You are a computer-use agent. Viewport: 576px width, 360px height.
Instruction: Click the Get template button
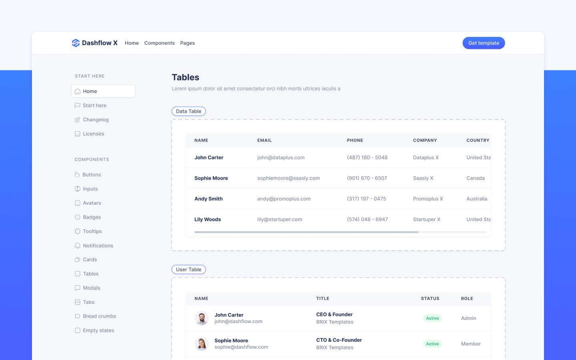[x=484, y=43]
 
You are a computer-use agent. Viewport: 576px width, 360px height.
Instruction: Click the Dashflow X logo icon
[x=76, y=43]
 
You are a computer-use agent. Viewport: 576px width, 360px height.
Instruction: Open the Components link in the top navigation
[x=159, y=43]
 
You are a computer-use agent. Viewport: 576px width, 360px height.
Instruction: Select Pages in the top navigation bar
[x=187, y=43]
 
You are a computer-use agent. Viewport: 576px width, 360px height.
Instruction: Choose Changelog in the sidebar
[x=96, y=120]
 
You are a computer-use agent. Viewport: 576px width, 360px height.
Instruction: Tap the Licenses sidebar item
[x=93, y=134]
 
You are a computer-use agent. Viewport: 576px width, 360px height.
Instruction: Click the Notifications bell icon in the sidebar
[x=78, y=246]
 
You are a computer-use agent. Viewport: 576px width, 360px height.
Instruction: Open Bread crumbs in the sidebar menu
[x=99, y=316]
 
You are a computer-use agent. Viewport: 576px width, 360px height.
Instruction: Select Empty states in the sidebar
[x=98, y=330]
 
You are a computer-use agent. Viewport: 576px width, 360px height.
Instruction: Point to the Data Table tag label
[x=189, y=112]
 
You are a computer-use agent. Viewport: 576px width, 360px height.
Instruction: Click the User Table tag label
[x=189, y=270]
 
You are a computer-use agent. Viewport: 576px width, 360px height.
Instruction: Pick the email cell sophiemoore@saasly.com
[x=288, y=178]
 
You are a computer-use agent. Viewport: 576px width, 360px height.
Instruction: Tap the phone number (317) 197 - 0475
[x=366, y=199]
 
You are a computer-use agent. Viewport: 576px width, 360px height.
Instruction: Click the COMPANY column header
[x=425, y=140]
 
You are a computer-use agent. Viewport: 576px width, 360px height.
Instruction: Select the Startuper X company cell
[x=426, y=220]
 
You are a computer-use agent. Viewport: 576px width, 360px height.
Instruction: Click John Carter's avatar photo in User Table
[x=202, y=318]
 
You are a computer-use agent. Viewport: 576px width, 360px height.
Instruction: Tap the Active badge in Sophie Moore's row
[x=432, y=344]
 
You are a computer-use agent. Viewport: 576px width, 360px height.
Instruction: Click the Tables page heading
[x=186, y=78]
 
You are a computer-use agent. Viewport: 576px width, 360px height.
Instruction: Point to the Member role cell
[x=471, y=344]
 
